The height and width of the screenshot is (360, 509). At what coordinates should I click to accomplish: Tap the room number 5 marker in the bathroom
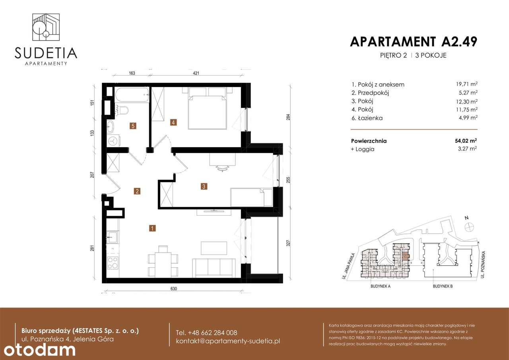(x=133, y=126)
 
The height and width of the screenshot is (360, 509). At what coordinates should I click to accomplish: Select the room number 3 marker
(x=204, y=186)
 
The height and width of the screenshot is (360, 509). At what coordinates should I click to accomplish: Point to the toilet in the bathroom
(x=122, y=109)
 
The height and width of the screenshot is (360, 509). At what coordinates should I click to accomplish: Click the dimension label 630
(x=173, y=289)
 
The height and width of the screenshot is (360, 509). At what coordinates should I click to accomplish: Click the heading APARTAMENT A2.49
(x=413, y=41)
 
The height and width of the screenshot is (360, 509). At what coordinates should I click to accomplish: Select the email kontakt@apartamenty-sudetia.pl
(x=228, y=341)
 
